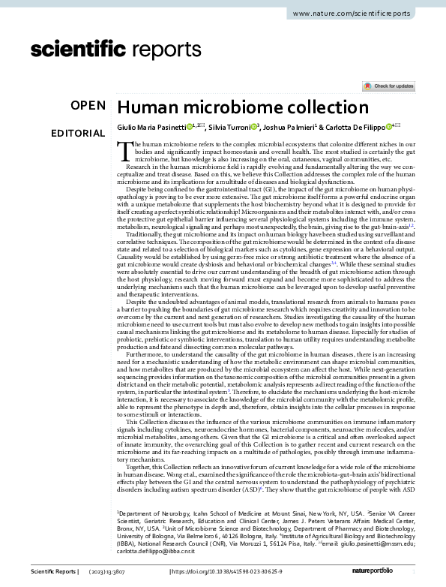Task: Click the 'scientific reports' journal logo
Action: coord(112,50)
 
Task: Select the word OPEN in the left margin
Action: coord(88,107)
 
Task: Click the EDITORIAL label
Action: coord(78,134)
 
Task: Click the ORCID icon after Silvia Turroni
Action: coord(255,127)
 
